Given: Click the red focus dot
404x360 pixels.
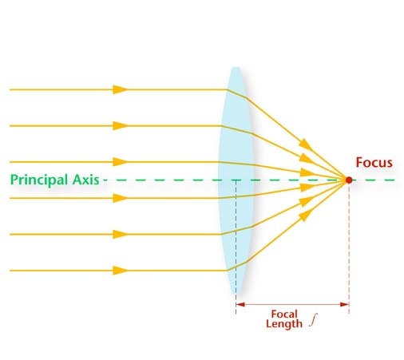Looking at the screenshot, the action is point(349,180).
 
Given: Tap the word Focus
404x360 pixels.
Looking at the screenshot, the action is point(374,162).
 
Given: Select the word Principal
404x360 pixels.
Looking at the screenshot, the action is point(39,180).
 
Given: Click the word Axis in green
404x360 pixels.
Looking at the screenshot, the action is point(85,180).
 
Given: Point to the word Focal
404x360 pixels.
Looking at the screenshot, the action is point(284,314).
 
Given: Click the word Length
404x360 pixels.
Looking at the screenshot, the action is point(284,324).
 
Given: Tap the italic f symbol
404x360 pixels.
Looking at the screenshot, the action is point(314,320).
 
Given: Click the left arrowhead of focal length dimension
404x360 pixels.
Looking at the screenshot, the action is point(240,304).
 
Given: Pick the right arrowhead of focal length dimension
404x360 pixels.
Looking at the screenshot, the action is point(344,304).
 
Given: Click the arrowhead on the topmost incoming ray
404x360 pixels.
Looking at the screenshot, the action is point(120,89).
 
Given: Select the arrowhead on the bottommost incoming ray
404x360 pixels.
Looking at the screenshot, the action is point(120,271).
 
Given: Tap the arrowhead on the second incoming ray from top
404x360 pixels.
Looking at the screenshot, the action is point(120,125).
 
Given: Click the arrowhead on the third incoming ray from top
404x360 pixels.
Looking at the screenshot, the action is point(120,162).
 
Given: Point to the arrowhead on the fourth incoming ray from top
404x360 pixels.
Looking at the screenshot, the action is point(120,198).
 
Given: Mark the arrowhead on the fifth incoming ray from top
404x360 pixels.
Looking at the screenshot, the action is point(120,234).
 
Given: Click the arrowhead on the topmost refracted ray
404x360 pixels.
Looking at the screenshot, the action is point(306,144).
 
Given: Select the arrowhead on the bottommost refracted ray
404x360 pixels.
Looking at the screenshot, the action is point(306,215).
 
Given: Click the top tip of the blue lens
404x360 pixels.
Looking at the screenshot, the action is point(236,67).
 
